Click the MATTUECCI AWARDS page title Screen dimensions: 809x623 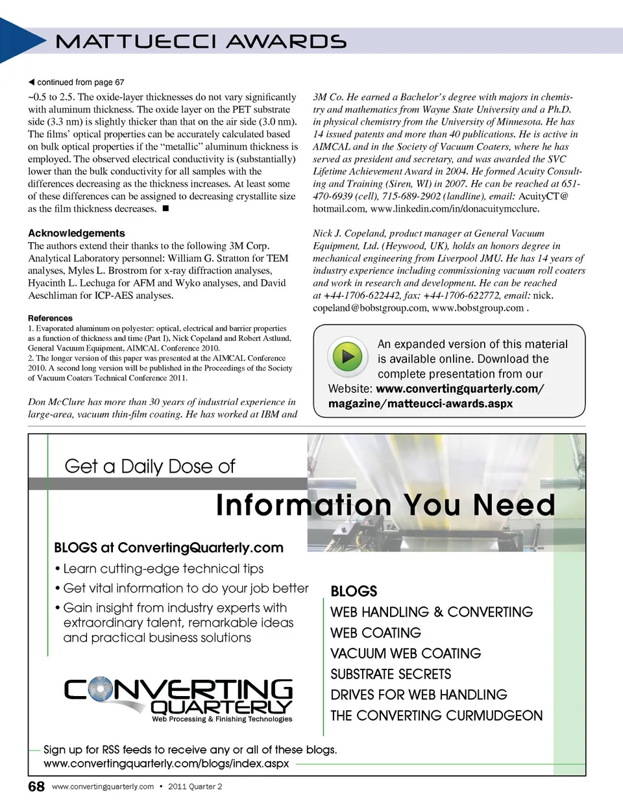click(x=201, y=42)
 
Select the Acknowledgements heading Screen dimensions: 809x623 click(x=77, y=233)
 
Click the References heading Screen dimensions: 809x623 click(x=50, y=318)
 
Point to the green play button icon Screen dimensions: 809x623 click(x=348, y=356)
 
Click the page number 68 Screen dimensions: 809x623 click(x=36, y=786)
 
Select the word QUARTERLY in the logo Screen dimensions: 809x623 click(x=221, y=706)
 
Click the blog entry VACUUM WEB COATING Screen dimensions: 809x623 click(x=406, y=653)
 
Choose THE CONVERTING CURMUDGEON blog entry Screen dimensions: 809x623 click(x=436, y=716)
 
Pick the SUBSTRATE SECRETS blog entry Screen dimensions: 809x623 click(x=391, y=674)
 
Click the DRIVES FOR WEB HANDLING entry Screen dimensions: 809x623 click(x=419, y=695)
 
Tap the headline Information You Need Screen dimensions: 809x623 click(x=385, y=505)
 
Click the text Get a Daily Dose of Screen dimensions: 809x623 click(x=150, y=466)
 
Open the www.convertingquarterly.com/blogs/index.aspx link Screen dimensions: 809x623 click(x=166, y=764)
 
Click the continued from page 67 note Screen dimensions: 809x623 click(x=77, y=82)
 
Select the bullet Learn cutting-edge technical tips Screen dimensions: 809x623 click(x=163, y=569)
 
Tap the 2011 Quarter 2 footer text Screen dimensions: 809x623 click(x=195, y=786)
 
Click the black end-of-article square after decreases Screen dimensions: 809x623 click(x=165, y=208)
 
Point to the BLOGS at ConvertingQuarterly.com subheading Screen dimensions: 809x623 click(x=169, y=547)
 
